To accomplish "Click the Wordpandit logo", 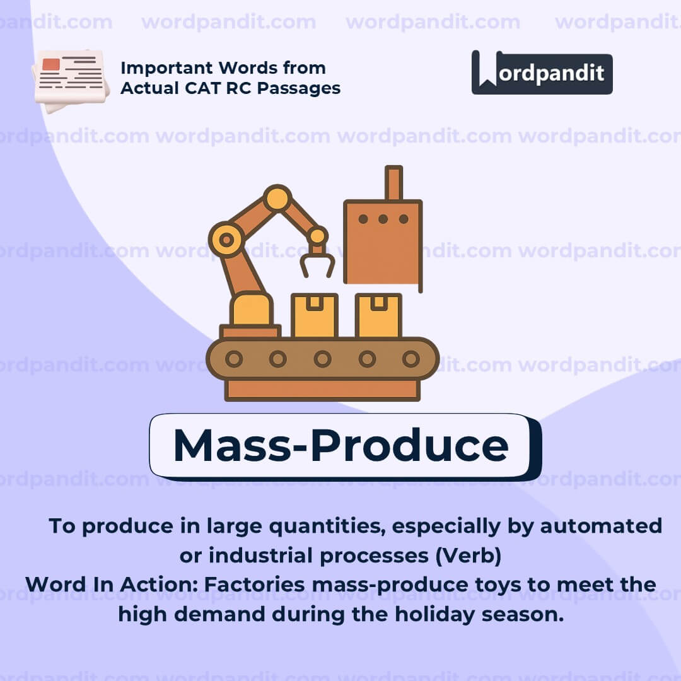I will [542, 73].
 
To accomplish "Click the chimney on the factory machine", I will [393, 183].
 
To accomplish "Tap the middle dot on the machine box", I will [383, 219].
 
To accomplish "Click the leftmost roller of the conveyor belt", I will [234, 359].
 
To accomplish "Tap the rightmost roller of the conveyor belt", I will [410, 359].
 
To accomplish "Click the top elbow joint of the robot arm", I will [277, 198].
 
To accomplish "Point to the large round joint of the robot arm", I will [226, 240].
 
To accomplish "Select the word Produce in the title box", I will [409, 445].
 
